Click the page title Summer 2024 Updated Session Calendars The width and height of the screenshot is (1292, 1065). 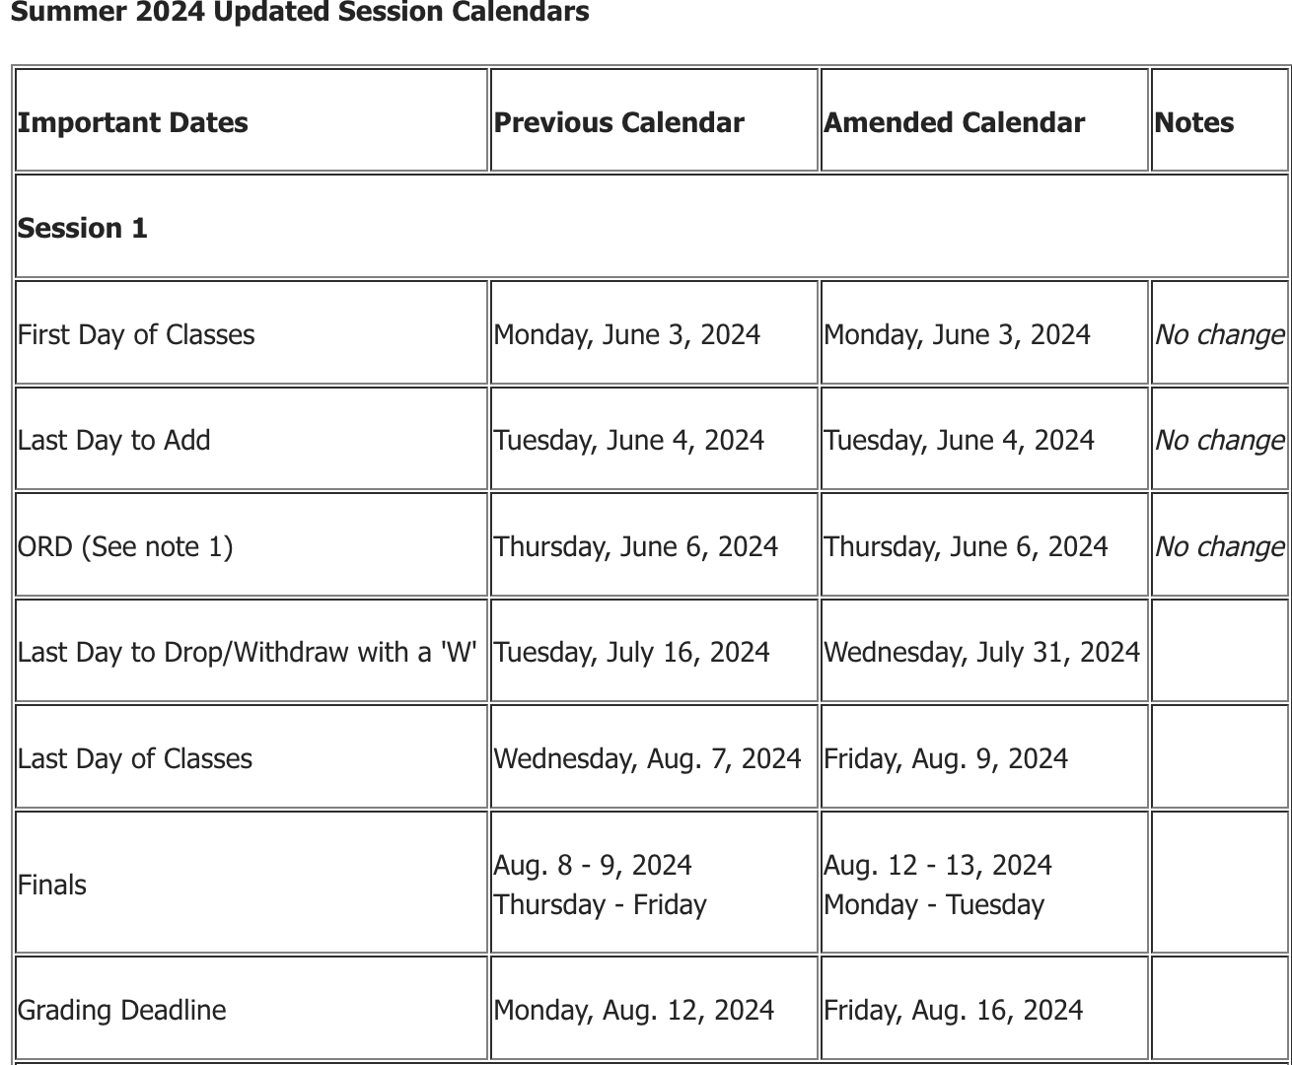point(300,13)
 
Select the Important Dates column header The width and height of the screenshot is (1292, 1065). point(133,122)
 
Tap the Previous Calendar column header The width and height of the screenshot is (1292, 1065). point(618,122)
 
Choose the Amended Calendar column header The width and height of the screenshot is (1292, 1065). point(954,122)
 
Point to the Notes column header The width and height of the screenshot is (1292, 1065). point(1193,122)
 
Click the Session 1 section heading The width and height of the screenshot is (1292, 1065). point(83,228)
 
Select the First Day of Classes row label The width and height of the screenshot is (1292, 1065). point(136,334)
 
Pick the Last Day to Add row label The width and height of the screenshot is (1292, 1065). point(114,440)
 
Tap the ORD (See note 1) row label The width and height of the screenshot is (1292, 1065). point(125,546)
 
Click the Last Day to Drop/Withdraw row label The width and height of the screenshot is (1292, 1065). point(247,652)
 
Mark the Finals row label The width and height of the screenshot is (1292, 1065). point(52,885)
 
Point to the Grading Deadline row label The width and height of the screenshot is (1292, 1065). point(122,1010)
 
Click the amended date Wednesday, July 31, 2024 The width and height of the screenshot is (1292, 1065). point(981,652)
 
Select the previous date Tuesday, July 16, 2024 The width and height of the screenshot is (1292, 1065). point(631,652)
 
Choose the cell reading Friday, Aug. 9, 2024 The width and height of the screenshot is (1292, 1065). point(946,758)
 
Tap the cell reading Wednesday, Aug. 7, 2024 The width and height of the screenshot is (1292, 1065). point(647,758)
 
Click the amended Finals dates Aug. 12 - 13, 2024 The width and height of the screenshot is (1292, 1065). point(938,865)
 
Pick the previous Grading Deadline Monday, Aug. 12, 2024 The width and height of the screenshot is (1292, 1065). point(633,1010)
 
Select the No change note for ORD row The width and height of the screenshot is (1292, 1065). point(1219,546)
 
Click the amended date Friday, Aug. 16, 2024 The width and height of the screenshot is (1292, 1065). point(953,1010)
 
